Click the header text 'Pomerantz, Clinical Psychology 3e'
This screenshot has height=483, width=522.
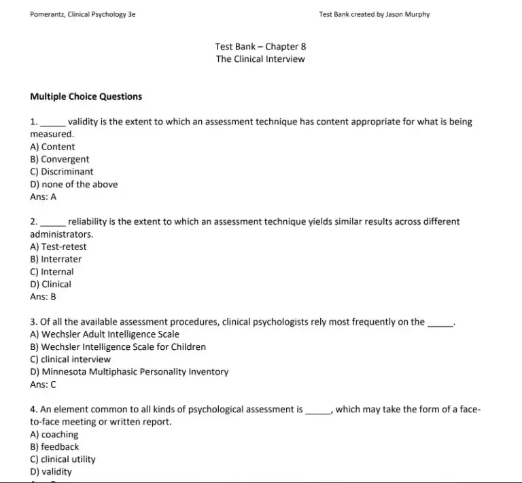[x=82, y=14]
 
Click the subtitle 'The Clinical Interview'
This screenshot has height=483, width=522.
[x=260, y=58]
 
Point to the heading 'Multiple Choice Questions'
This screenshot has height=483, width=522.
[x=86, y=96]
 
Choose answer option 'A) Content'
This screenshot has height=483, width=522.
[x=53, y=147]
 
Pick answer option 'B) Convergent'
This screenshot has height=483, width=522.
[x=60, y=159]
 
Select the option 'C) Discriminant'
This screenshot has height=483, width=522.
[x=62, y=172]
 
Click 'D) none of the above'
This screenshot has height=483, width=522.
[x=74, y=184]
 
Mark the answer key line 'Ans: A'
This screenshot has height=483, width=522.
[x=43, y=197]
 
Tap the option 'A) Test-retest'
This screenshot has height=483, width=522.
[x=58, y=247]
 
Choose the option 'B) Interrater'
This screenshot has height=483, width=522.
[x=56, y=259]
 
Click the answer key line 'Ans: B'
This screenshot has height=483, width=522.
[x=43, y=297]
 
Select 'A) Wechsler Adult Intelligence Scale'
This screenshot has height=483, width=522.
[x=105, y=334]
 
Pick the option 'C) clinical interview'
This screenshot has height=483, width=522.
[x=71, y=359]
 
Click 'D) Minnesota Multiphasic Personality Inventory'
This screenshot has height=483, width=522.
[x=130, y=372]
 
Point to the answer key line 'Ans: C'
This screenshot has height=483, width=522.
[x=43, y=384]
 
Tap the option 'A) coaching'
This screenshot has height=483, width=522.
[x=54, y=434]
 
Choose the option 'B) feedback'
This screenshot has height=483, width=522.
[x=54, y=447]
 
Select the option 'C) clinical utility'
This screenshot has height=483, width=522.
[x=63, y=459]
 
